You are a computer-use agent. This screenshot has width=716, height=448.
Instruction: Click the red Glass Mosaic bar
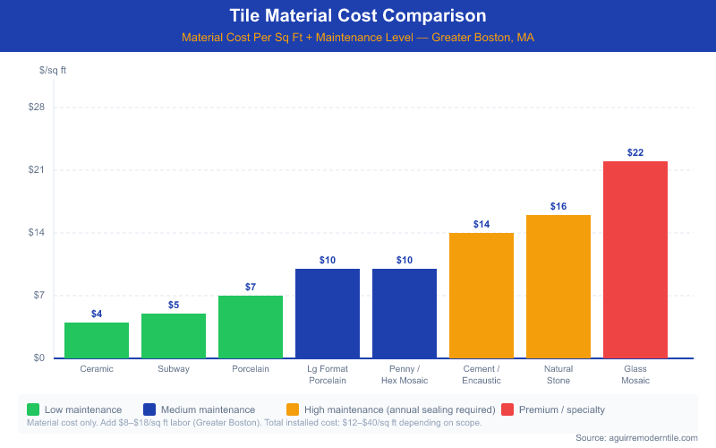635,260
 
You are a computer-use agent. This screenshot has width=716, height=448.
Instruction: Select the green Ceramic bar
97,340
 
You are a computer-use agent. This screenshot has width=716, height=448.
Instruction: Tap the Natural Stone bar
558,287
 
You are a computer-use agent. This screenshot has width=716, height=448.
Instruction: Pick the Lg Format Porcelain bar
328,314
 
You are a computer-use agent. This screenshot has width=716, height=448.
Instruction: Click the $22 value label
635,152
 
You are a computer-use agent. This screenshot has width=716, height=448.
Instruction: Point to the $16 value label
558,206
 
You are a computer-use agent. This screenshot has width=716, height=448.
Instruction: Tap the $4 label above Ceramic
97,314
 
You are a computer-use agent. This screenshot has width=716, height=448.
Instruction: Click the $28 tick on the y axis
37,107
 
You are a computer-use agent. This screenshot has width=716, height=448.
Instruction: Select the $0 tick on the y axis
39,358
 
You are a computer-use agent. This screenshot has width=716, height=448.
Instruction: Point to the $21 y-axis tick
37,170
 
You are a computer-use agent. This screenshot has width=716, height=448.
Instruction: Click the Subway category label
174,369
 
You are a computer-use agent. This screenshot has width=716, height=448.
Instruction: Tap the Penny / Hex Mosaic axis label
405,375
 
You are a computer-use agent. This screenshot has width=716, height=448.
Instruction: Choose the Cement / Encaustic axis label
482,375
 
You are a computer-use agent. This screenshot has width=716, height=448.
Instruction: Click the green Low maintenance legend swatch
33,409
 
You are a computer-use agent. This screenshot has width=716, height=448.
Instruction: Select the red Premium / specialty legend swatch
507,409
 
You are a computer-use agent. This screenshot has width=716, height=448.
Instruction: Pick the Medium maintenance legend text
208,409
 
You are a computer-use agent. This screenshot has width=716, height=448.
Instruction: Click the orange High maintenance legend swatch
293,409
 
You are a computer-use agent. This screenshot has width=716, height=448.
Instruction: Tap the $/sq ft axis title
53,71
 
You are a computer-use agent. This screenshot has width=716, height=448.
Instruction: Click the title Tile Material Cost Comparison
358,15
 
